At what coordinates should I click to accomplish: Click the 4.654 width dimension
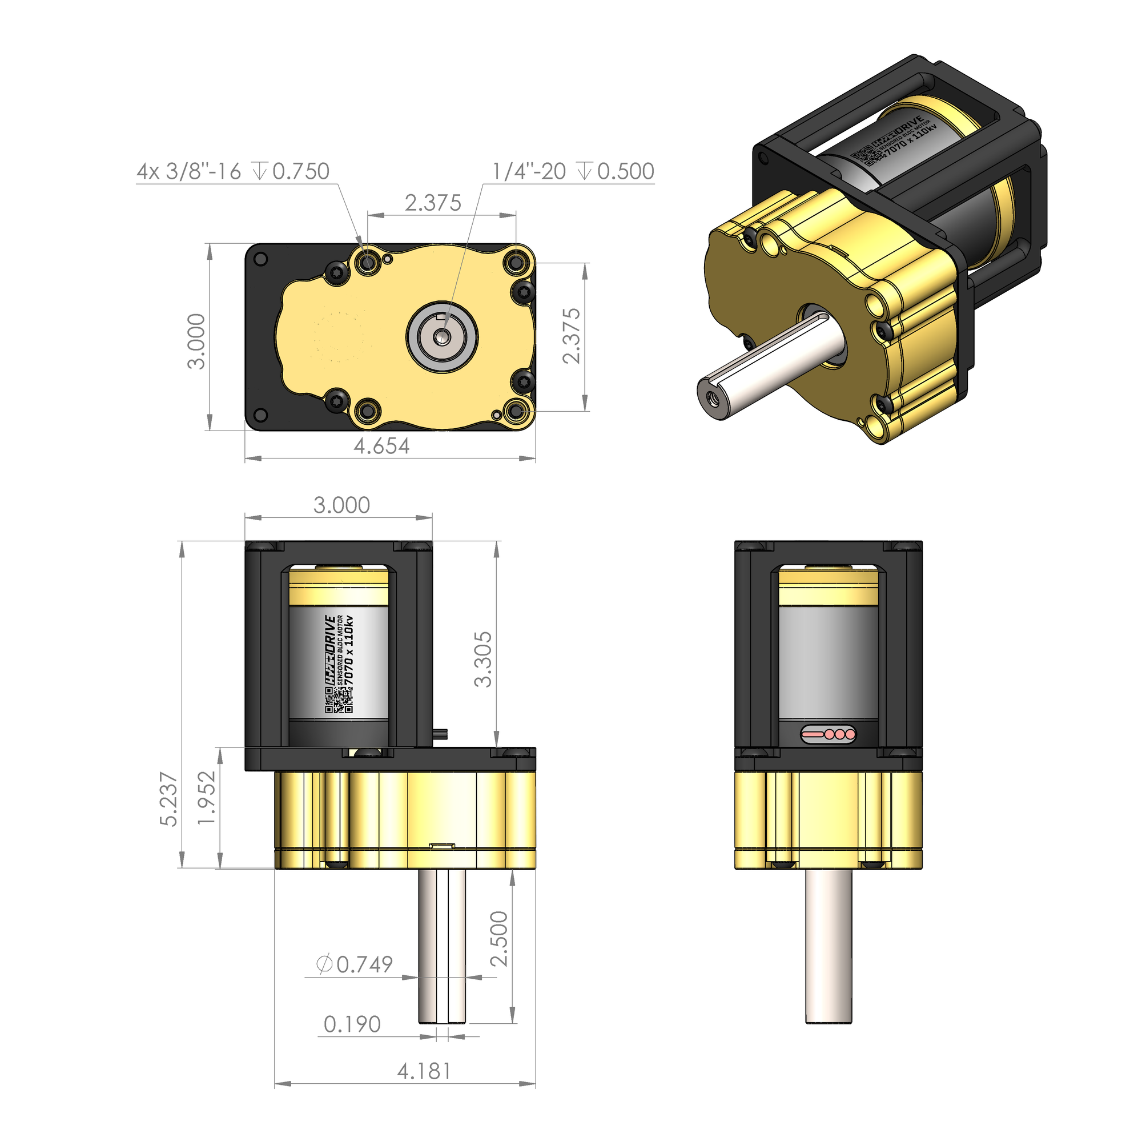pos(381,446)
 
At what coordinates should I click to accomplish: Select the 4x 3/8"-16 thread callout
pos(233,171)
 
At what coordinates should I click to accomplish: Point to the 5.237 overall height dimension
pos(168,799)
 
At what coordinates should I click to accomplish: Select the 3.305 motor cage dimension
pos(483,659)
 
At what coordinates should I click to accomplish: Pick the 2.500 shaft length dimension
pos(499,939)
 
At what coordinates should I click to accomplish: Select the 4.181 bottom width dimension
pos(424,1071)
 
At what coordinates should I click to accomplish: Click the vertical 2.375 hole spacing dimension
pos(571,336)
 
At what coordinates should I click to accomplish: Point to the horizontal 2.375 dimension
pos(433,203)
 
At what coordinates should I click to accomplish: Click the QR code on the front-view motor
pos(339,701)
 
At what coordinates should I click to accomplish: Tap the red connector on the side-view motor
pos(828,734)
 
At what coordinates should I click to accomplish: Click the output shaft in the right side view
pos(828,946)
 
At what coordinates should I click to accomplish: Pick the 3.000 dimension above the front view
pos(341,505)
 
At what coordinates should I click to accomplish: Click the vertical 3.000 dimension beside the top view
pos(196,341)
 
